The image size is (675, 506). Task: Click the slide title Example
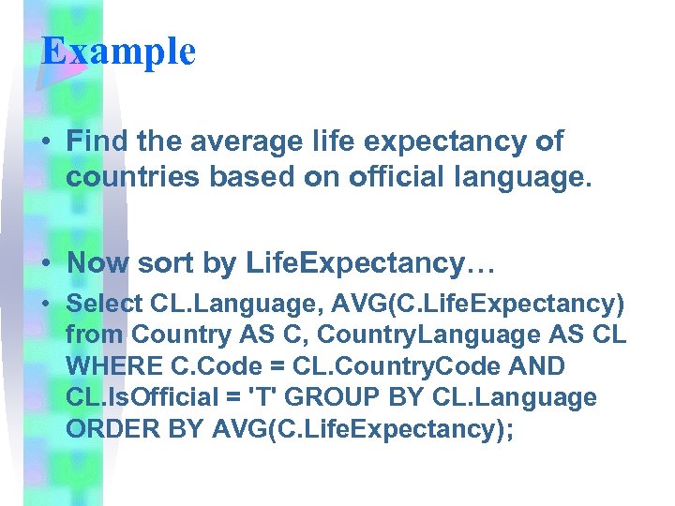[x=118, y=51]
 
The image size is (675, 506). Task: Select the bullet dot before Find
[x=45, y=142]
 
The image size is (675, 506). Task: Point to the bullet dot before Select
[x=45, y=305]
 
